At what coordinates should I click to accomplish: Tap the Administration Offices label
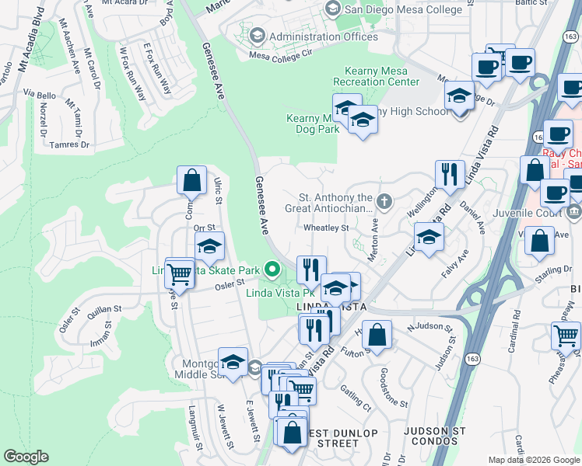[323, 37]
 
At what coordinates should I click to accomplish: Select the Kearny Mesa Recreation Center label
[376, 76]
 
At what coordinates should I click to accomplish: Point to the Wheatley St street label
[326, 228]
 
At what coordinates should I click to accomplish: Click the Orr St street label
[204, 228]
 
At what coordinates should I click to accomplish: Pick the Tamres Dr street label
[69, 144]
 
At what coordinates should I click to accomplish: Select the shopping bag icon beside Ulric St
[191, 181]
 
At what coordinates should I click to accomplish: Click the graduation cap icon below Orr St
[209, 247]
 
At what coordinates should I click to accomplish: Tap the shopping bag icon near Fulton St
[377, 336]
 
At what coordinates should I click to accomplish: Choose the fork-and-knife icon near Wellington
[449, 175]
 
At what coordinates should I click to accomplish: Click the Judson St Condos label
[435, 436]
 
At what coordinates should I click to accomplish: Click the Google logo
[26, 456]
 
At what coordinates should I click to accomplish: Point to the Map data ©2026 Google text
[533, 460]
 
